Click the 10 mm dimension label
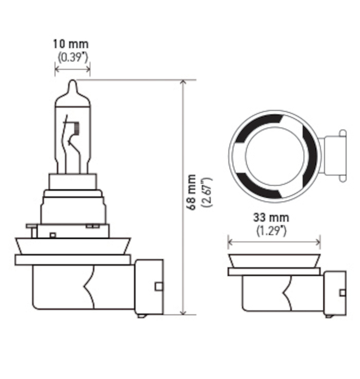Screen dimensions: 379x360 click(70, 44)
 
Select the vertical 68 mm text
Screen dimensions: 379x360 click(191, 192)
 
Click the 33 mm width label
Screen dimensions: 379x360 click(271, 218)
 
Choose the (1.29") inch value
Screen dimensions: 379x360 click(271, 231)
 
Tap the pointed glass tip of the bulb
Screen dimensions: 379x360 click(72, 86)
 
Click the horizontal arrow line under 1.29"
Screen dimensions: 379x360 click(274, 242)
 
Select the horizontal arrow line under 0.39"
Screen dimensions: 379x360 click(72, 69)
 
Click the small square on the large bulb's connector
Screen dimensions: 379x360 click(158, 286)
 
